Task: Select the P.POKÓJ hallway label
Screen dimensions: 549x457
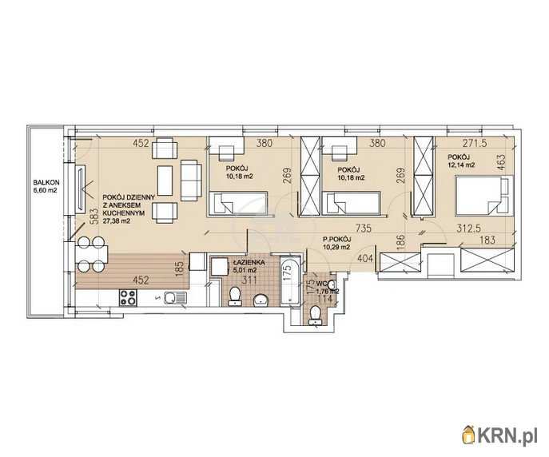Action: (337, 240)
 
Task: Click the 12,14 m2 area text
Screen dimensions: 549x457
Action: (461, 165)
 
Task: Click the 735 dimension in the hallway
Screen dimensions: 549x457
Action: (363, 228)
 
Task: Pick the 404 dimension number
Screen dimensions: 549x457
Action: (364, 259)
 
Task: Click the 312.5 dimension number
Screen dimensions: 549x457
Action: (469, 228)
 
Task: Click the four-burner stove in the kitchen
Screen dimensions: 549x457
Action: (128, 297)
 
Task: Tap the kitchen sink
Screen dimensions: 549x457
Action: (174, 299)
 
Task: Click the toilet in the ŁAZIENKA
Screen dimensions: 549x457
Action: (234, 296)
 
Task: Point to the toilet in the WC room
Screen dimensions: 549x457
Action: (316, 315)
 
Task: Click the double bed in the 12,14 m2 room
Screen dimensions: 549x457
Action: (484, 195)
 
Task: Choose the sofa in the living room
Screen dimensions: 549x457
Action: (191, 181)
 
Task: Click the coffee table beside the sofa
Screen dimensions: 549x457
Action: (165, 181)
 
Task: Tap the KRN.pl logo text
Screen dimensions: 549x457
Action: (507, 435)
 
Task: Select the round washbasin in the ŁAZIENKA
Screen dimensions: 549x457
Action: (261, 300)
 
